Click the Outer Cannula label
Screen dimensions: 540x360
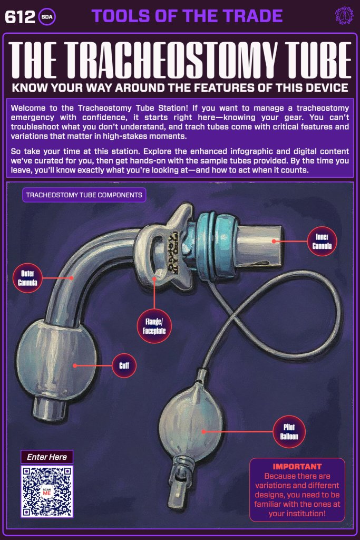point(27,277)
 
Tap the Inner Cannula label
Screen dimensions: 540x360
point(322,241)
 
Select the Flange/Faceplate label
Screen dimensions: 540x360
point(153,324)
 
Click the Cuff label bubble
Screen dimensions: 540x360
point(124,365)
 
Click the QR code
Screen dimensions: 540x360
point(47,491)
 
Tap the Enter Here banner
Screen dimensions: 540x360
point(47,457)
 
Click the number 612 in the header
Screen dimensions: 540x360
point(19,17)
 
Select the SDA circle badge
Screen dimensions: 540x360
point(47,17)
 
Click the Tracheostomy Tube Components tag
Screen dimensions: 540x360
point(84,195)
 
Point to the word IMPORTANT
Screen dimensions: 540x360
point(297,467)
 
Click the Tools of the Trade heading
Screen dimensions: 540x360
point(187,16)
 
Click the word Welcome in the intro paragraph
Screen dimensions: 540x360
point(28,108)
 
